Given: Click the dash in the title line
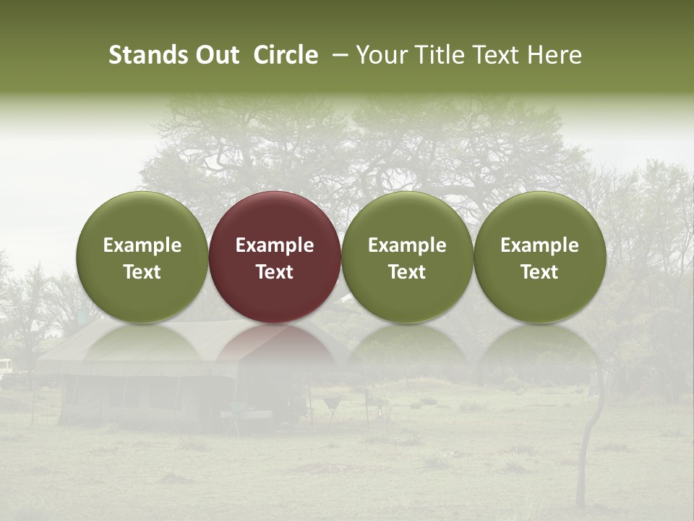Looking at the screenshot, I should (337, 56).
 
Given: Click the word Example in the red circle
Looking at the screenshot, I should (275, 246).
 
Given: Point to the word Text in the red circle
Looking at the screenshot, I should (275, 272).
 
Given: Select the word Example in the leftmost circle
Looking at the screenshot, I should (142, 246).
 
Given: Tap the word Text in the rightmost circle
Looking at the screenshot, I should (539, 272).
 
